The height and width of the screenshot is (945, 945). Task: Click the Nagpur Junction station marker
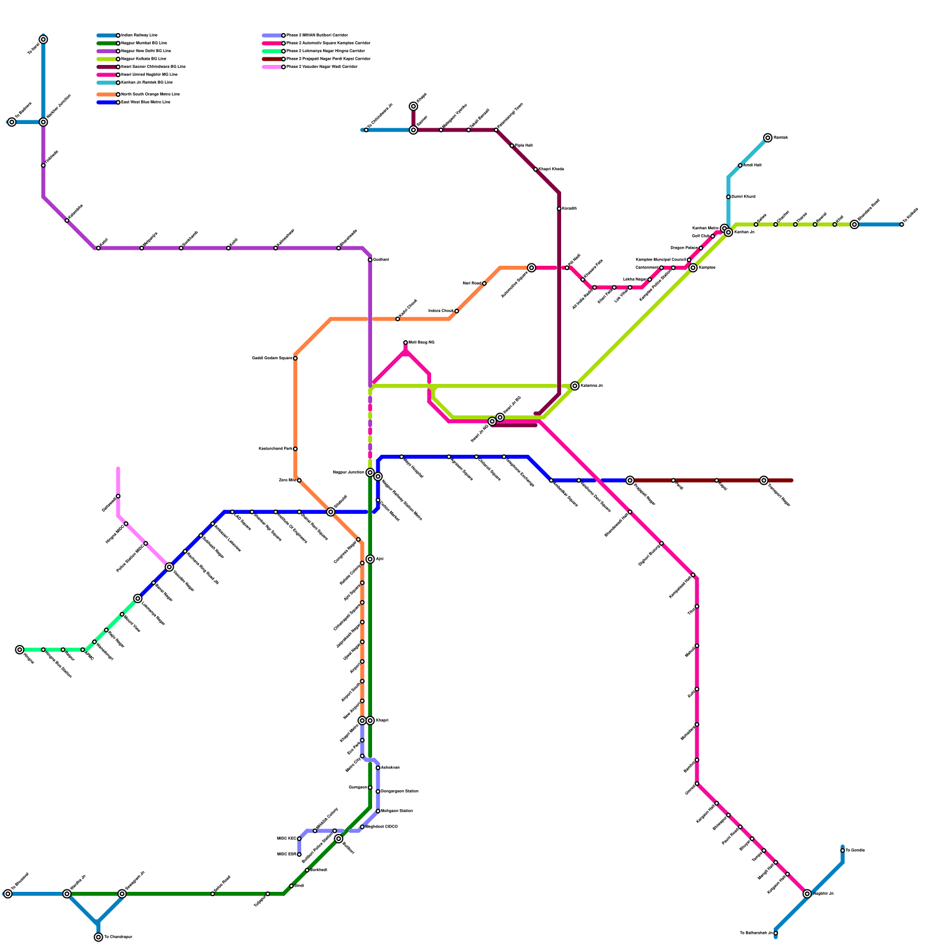pos(370,472)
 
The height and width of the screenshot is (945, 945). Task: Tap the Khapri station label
pos(382,721)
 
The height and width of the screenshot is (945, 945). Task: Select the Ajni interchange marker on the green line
pos(370,559)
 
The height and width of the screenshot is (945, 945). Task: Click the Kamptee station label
pos(707,268)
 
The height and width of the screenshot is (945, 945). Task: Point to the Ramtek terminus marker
pos(768,138)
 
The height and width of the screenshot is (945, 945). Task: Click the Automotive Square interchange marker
pos(532,268)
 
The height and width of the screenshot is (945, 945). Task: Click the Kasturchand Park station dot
pos(295,449)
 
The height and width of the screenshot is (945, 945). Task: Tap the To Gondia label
pos(855,850)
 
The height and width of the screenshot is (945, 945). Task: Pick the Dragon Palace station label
pos(684,248)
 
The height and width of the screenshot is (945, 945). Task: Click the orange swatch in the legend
pos(107,94)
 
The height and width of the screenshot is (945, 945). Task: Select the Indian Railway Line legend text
pos(139,35)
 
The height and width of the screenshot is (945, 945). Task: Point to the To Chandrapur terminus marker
pos(98,937)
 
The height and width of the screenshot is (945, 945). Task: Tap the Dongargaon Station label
pos(400,791)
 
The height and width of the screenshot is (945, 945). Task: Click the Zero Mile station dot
pos(299,480)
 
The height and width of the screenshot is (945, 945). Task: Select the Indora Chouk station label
pos(441,311)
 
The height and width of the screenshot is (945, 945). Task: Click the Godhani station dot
pos(370,260)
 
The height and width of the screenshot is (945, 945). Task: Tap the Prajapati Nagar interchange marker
pos(630,481)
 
